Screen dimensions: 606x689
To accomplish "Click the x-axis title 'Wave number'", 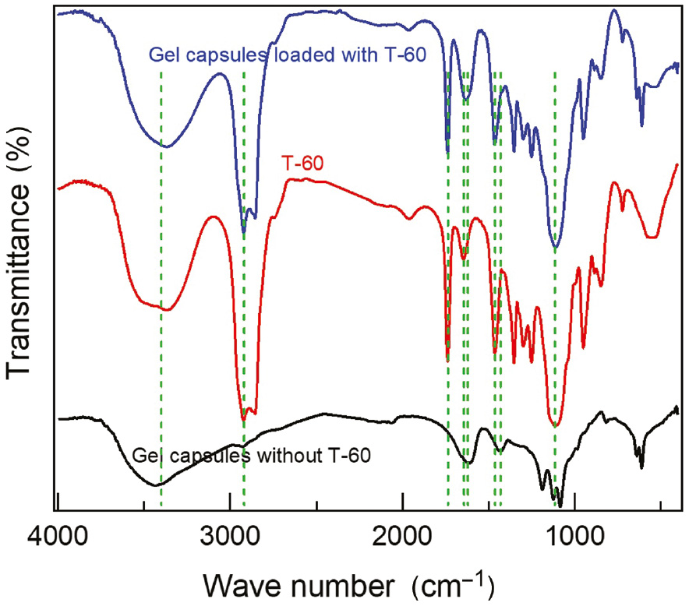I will [x=295, y=582].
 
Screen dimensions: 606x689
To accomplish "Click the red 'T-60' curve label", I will [x=302, y=164].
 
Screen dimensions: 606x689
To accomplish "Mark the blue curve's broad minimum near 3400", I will [x=164, y=146].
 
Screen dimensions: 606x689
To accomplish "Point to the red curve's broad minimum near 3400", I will [x=164, y=309].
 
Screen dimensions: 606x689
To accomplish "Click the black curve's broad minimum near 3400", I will [x=157, y=485].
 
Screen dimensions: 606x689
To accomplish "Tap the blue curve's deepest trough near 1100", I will [x=556, y=248].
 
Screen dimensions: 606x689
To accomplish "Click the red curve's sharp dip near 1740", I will [x=447, y=359].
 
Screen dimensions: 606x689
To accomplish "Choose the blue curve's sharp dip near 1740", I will [x=447, y=153].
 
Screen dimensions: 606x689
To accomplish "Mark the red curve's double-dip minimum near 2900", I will [x=244, y=419].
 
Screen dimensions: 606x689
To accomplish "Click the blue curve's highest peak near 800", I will [x=614, y=10].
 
